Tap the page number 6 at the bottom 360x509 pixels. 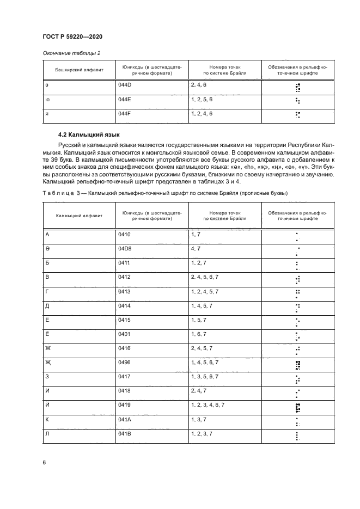(x=45, y=462)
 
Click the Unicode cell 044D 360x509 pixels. (x=125, y=86)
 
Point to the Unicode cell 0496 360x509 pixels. (x=125, y=362)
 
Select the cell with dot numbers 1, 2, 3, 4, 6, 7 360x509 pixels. (x=208, y=406)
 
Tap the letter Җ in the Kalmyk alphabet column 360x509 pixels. (x=47, y=362)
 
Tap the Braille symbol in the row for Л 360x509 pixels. (x=297, y=436)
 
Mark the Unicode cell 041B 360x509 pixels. (x=125, y=433)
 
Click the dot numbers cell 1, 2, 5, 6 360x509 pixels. (x=202, y=100)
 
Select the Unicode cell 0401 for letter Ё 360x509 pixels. (x=125, y=334)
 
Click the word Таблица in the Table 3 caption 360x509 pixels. (x=57, y=193)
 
